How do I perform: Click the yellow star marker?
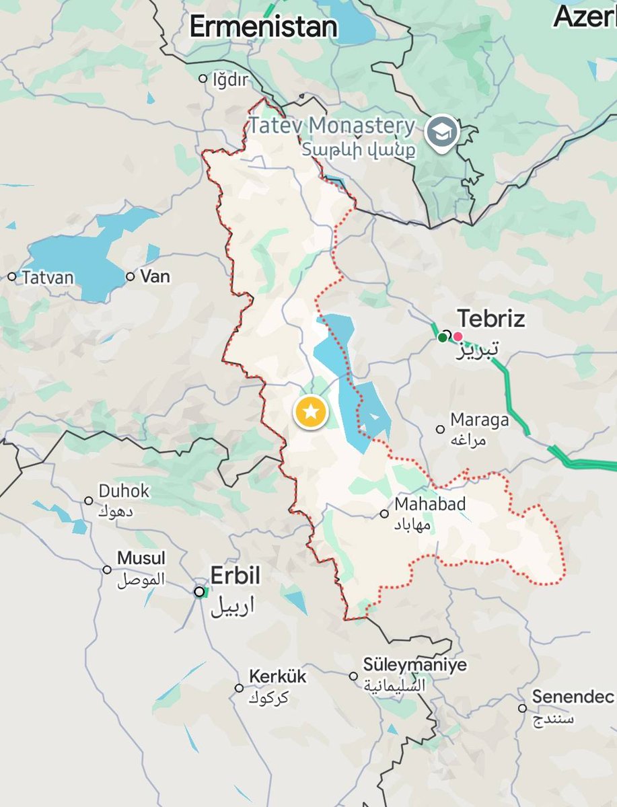point(310,412)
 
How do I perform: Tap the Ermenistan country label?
point(263,27)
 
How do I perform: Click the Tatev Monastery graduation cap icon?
point(443,131)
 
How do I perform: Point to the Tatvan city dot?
point(11,276)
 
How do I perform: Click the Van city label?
point(155,276)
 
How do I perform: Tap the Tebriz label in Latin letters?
point(491,319)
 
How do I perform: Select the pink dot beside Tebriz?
point(458,336)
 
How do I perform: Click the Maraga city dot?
point(440,429)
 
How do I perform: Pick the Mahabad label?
point(431,504)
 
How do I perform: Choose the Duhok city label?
point(124,491)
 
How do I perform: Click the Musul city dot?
point(107,570)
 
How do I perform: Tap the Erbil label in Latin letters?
point(235,576)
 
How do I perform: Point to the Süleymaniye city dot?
point(353,676)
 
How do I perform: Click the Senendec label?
point(573,697)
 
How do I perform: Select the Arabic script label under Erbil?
point(233,606)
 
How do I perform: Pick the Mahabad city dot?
point(384,514)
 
